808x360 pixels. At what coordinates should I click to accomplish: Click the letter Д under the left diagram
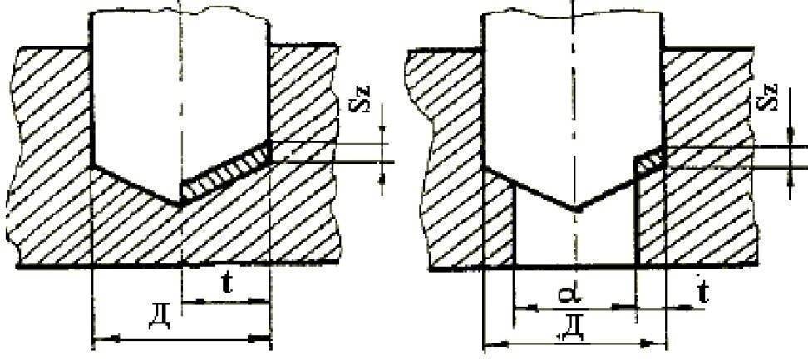pos(158,319)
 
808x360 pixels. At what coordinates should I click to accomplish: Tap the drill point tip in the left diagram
pos(181,205)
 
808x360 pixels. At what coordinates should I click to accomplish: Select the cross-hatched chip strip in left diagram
pos(226,172)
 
